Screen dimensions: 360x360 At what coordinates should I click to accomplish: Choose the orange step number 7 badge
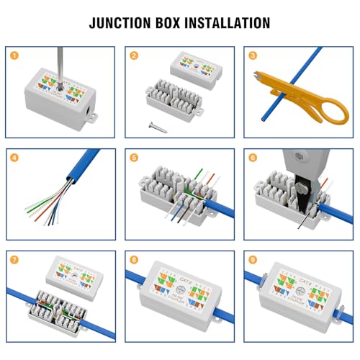(12, 257)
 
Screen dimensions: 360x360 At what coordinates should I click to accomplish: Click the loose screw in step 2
(158, 125)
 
